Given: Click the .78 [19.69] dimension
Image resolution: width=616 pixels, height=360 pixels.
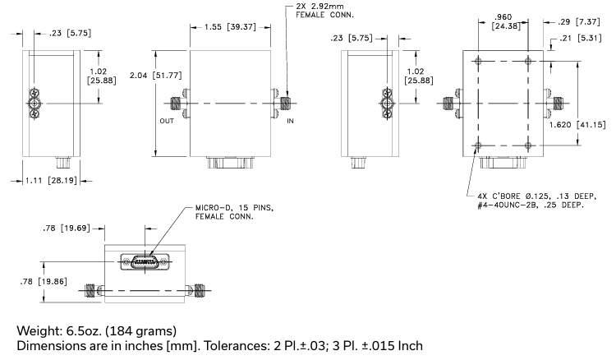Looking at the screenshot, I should coord(71,229).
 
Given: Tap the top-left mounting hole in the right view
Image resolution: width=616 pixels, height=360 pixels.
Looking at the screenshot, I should coord(479,60).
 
